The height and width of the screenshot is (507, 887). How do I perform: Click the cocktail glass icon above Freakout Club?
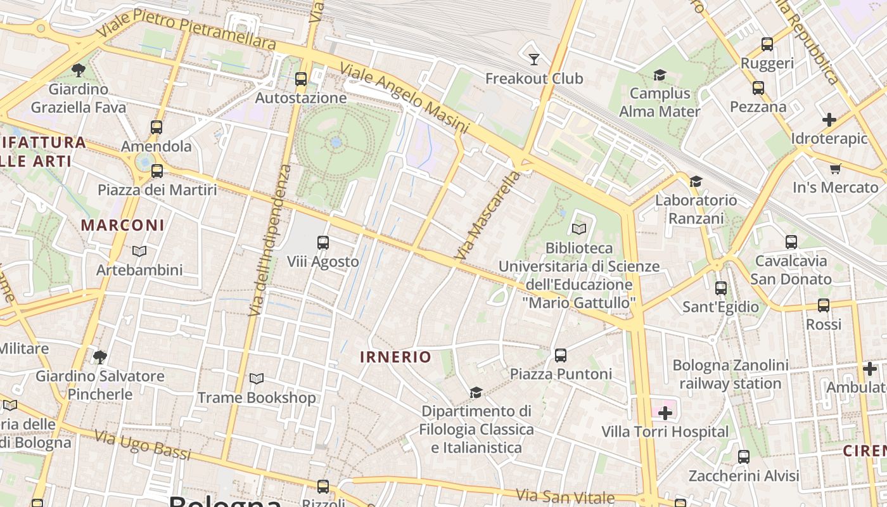534,59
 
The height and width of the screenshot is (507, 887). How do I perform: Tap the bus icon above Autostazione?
301,79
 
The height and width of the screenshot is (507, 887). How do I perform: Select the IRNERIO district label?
395,357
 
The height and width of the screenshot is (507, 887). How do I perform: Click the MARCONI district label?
123,225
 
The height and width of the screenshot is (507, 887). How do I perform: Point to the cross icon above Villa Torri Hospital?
665,414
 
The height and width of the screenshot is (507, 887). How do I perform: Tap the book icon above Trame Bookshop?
256,379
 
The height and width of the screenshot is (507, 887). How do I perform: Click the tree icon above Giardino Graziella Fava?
79,70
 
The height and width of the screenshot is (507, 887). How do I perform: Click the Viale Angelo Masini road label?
404,98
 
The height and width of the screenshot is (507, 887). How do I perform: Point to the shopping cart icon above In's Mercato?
835,169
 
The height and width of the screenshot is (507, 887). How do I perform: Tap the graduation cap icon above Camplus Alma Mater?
660,75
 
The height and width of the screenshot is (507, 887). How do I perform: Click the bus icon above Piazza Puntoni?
561,356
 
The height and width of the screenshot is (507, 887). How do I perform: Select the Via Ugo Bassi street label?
143,444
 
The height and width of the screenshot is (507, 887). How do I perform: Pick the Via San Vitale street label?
565,496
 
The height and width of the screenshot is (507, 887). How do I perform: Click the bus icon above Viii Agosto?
322,243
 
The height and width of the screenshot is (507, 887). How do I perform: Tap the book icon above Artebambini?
139,251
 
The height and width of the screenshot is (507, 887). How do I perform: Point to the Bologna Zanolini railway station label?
731,375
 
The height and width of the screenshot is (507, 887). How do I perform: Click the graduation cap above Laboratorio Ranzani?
696,181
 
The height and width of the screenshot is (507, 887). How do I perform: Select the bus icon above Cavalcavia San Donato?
791,242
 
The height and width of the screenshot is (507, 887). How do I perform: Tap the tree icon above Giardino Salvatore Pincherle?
99,357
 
